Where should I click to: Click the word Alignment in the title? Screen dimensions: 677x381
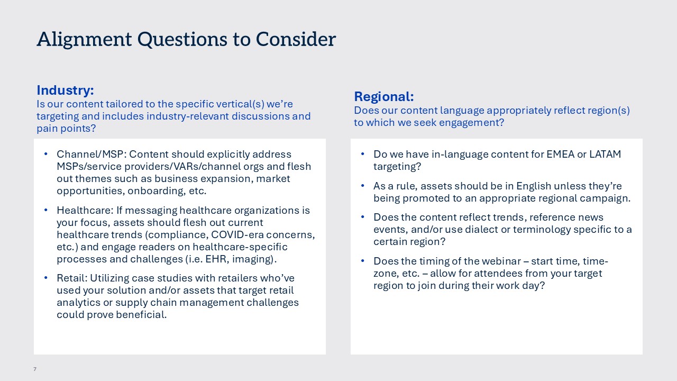coord(84,40)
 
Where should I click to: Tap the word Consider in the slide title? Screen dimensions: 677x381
coord(296,39)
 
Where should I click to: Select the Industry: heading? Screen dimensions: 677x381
coord(65,90)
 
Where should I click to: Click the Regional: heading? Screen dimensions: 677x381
coord(384,97)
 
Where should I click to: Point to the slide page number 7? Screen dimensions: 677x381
coord(35,369)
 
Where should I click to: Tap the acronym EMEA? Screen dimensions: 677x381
coord(560,154)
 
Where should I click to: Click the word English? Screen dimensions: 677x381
coord(534,186)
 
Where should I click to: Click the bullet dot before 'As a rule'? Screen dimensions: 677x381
coord(363,186)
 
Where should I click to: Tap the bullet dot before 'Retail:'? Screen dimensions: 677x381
coord(46,278)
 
